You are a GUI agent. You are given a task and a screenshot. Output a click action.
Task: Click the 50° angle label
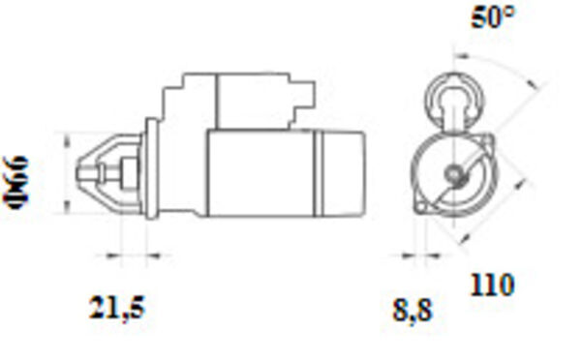click(x=493, y=17)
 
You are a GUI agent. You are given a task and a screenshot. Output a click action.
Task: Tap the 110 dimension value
click(x=493, y=285)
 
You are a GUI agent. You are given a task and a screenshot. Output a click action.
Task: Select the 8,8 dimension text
click(x=413, y=311)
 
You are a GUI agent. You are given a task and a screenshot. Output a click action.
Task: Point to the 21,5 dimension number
click(x=116, y=308)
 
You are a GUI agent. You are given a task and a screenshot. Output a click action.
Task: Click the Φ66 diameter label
click(x=15, y=182)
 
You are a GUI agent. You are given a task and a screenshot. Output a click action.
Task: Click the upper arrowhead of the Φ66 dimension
click(x=67, y=141)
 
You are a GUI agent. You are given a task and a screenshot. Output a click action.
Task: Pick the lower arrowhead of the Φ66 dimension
click(x=67, y=207)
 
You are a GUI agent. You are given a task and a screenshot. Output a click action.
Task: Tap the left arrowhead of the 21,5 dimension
click(x=113, y=255)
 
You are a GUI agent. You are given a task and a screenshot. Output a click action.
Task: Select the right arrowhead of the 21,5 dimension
click(x=154, y=255)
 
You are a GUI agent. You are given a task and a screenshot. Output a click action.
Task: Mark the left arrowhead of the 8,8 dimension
click(x=408, y=255)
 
